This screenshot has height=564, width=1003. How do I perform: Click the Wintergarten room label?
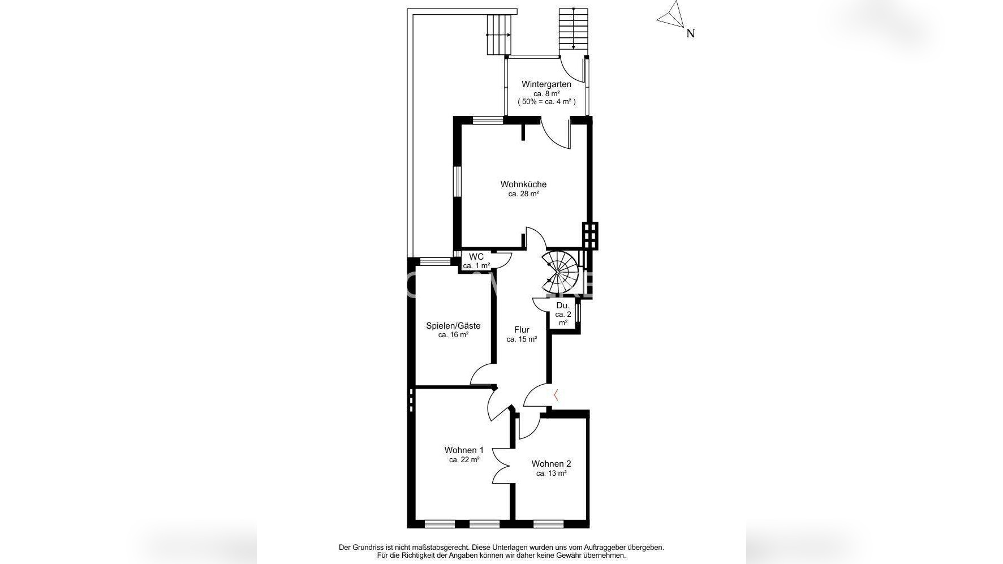coord(546,84)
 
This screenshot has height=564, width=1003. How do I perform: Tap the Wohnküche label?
coord(523,184)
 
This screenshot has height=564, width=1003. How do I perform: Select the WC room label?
coord(476,257)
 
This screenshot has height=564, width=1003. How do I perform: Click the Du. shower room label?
coord(563,305)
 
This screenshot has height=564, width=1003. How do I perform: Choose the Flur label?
coord(522,330)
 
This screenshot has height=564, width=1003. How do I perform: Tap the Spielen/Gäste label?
coord(453,326)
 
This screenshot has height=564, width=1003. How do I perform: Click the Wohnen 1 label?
coord(464,450)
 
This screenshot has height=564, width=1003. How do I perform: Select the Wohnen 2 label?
coord(551,464)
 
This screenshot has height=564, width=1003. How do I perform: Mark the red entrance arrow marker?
coord(556,395)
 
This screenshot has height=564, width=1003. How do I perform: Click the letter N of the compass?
coord(690,33)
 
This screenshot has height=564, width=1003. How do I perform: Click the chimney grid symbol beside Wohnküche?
coord(590,235)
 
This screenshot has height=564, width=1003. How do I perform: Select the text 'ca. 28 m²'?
coord(523,194)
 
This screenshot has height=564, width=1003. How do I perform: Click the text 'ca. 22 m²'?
coord(464,460)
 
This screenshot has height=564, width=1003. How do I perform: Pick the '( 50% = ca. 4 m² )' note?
coord(546,102)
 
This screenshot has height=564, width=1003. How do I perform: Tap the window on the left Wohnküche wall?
coord(458,181)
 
